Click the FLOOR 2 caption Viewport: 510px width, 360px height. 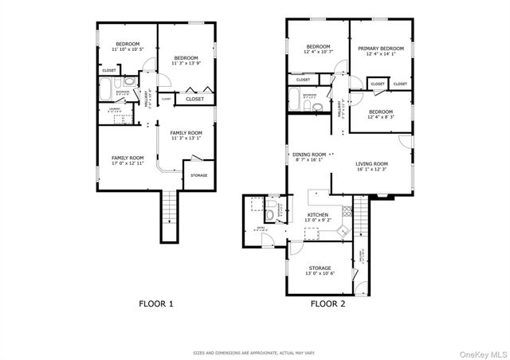(327, 303)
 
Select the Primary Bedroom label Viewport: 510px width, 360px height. (380, 51)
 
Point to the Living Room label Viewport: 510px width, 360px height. (371, 166)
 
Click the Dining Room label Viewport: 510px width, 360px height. (309, 157)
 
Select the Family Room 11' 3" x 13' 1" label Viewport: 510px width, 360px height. (186, 135)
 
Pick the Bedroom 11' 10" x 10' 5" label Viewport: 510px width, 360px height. (127, 47)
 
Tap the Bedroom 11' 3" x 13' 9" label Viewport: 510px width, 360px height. (186, 61)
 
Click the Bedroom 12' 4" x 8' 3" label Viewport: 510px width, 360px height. (380, 114)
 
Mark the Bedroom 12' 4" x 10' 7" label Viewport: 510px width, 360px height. (319, 50)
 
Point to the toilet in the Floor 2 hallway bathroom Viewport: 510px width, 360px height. (317, 107)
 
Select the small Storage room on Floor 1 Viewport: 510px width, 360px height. (198, 176)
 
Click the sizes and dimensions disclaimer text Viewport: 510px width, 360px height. (255, 351)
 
